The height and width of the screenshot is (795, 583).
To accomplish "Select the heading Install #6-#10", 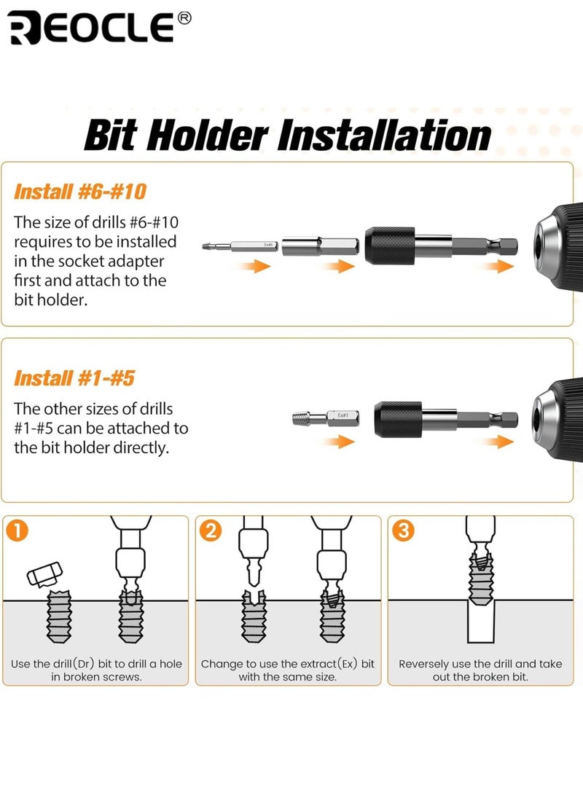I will (80, 192).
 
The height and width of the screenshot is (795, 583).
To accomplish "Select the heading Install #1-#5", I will (74, 378).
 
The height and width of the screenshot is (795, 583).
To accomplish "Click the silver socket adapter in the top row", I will (319, 246).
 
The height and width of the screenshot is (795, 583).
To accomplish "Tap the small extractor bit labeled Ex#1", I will (320, 418).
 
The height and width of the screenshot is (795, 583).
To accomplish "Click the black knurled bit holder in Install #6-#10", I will (394, 246).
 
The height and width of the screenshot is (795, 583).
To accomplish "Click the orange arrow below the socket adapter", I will (337, 267).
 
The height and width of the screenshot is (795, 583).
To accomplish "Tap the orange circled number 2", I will (210, 530).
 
